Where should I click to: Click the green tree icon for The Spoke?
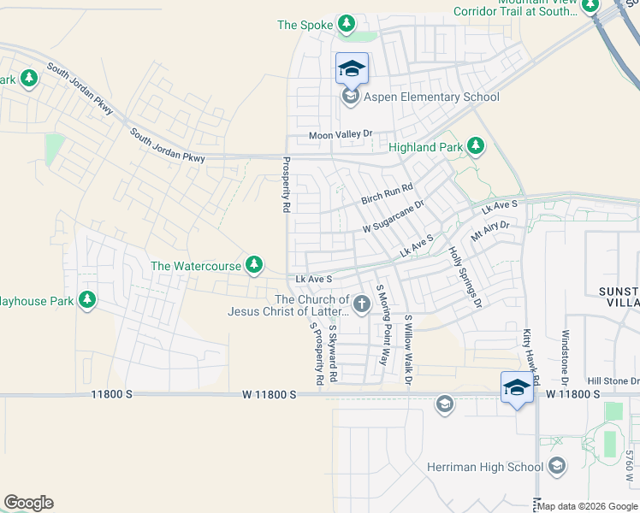(346, 24)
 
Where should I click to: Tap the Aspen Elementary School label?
(431, 97)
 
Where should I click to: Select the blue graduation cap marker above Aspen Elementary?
(352, 68)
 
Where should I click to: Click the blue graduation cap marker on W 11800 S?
(517, 387)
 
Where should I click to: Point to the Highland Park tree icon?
(476, 147)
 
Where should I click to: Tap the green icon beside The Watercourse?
(254, 266)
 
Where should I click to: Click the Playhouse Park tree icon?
(86, 300)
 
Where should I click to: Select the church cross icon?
(362, 303)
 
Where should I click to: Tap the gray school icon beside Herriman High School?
(557, 466)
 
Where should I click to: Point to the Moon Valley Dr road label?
(341, 135)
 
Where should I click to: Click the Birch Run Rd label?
(387, 194)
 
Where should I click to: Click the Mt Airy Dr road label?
(490, 231)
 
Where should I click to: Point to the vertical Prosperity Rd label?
(286, 186)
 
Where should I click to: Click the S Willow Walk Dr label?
(409, 350)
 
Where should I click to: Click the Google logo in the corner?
(28, 503)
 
